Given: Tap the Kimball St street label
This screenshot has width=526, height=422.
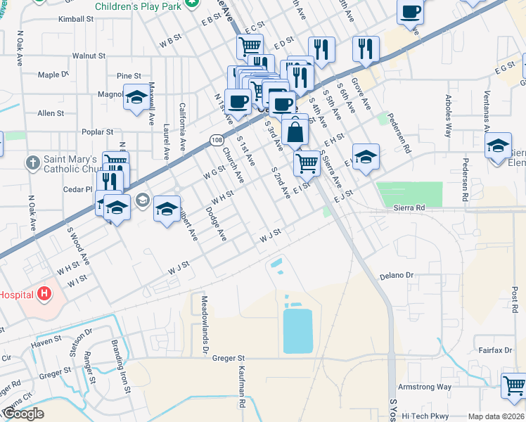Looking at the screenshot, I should tap(77, 19).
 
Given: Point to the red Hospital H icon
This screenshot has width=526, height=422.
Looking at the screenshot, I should tap(45, 293).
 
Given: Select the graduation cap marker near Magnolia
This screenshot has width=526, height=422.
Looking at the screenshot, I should tap(136, 98).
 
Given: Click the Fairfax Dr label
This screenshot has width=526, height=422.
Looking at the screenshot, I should tap(497, 350).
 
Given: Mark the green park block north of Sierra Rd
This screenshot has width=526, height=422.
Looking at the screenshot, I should tap(409, 194).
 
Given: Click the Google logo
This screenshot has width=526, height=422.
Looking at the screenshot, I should tap(23, 414).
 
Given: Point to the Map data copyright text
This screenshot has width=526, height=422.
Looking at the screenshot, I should tap(496, 416).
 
